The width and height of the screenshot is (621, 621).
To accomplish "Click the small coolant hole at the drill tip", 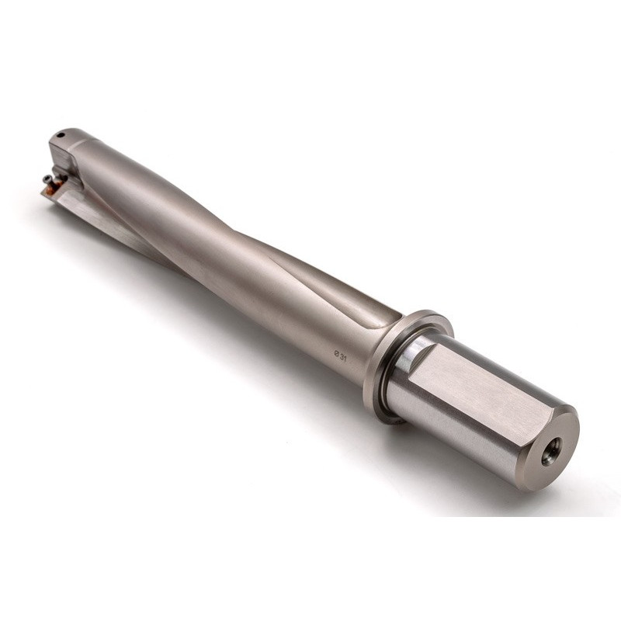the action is pyautogui.click(x=61, y=135).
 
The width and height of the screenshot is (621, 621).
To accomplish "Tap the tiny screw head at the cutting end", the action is pyautogui.click(x=47, y=179).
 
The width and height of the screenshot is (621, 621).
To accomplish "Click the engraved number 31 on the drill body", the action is pyautogui.click(x=343, y=359).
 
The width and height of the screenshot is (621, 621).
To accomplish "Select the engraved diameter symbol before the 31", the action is pyautogui.click(x=337, y=353).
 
